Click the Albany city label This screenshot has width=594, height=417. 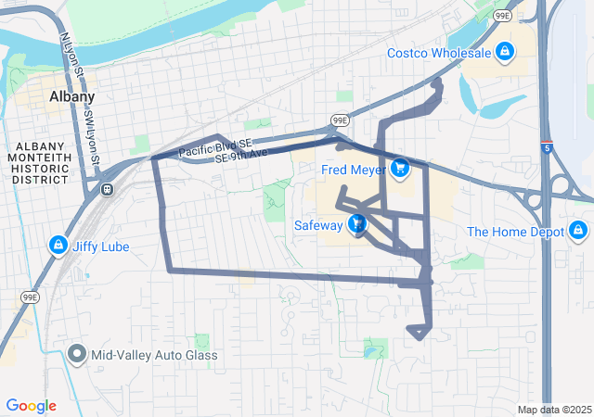[x=71, y=97]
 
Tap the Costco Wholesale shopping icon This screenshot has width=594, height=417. [x=505, y=52]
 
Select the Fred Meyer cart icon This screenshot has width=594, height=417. [x=399, y=168]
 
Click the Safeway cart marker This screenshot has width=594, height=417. [x=357, y=224]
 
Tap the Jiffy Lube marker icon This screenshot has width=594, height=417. [x=58, y=246]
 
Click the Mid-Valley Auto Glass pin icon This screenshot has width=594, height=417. [x=76, y=354]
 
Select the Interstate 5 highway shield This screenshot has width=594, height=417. [x=547, y=146]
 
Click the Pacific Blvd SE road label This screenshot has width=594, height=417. [x=214, y=146]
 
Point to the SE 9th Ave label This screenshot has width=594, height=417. [x=240, y=156]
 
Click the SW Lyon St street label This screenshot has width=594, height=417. [x=92, y=134]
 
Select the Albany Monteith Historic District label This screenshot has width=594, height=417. [x=39, y=163]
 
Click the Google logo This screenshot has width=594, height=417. [x=31, y=406]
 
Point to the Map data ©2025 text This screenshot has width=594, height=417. [x=554, y=410]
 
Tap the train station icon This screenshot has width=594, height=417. [x=108, y=189]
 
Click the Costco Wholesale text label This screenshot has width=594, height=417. [x=438, y=52]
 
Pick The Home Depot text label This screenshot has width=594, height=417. [x=515, y=232]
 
